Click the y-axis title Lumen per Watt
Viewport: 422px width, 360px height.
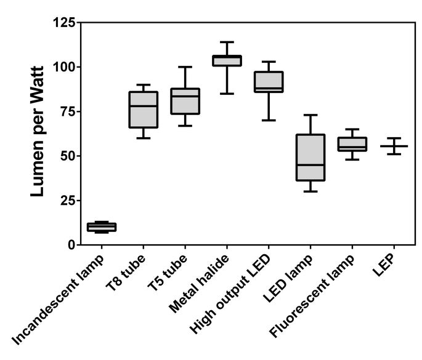point(37,132)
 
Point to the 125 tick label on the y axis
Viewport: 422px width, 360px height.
point(64,22)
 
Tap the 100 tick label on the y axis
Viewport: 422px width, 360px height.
point(64,67)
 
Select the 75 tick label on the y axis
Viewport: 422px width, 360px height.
point(68,111)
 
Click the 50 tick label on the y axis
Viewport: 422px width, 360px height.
point(68,156)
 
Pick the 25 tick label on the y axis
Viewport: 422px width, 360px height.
point(68,201)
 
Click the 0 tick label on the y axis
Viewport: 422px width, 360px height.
point(71,245)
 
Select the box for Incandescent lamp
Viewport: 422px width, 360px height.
point(102,227)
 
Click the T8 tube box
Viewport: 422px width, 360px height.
point(144,110)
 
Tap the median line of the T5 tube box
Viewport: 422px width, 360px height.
point(185,96)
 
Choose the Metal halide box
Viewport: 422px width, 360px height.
point(227,60)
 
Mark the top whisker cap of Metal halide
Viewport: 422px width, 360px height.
point(227,42)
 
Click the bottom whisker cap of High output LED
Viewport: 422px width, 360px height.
point(269,120)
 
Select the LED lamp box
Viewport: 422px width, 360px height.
point(310,158)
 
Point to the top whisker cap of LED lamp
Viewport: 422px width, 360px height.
point(310,115)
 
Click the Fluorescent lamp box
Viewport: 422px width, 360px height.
point(352,145)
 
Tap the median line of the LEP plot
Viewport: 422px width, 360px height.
point(394,146)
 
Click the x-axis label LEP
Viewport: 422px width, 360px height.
point(384,265)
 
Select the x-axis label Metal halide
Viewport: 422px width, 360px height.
point(199,284)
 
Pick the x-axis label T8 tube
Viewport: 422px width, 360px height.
point(126,273)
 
